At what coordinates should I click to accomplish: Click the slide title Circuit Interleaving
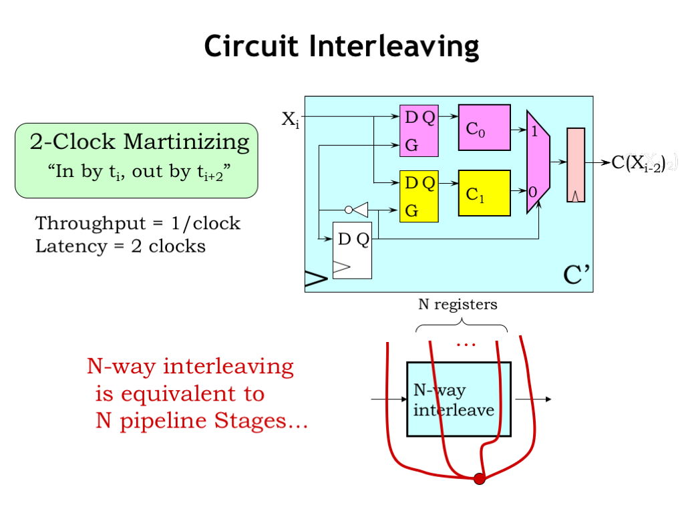pyautogui.click(x=341, y=47)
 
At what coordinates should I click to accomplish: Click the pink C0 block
pyautogui.click(x=484, y=128)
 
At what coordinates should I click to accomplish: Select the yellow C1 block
pyautogui.click(x=484, y=193)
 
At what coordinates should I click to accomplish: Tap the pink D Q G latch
pyautogui.click(x=419, y=131)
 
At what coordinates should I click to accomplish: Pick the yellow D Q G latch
pyautogui.click(x=419, y=196)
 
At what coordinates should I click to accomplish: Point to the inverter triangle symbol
pyautogui.click(x=360, y=210)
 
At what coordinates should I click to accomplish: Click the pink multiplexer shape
pyautogui.click(x=538, y=162)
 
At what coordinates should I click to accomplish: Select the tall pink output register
pyautogui.click(x=576, y=164)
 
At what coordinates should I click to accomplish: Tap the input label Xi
pyautogui.click(x=289, y=120)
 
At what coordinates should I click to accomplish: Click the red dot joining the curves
pyautogui.click(x=479, y=478)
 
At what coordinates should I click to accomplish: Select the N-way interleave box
pyautogui.click(x=458, y=399)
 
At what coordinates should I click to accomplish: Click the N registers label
pyautogui.click(x=458, y=305)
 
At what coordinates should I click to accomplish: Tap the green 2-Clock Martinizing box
pyautogui.click(x=136, y=160)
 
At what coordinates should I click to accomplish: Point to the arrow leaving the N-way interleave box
pyautogui.click(x=533, y=399)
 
